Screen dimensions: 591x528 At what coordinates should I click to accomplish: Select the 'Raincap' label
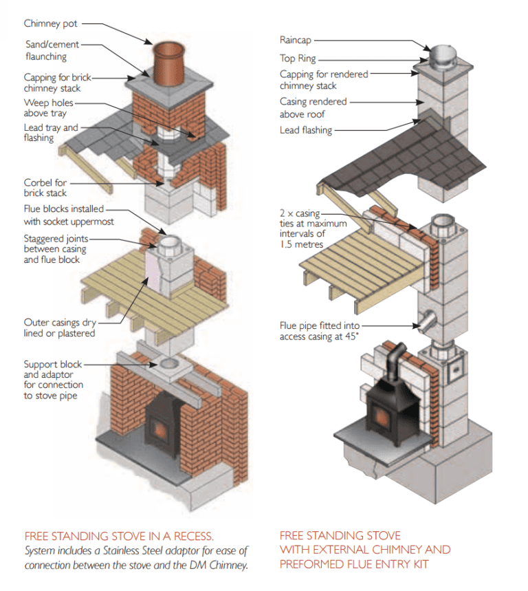(296, 41)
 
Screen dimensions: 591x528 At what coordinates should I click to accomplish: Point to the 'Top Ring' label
(298, 59)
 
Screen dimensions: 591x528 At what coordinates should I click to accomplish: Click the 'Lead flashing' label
(305, 130)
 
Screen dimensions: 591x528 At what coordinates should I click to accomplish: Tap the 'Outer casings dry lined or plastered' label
(59, 327)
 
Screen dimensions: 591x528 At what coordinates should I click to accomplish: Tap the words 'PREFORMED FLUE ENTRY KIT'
(355, 564)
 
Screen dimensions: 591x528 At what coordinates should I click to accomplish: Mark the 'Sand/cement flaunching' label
(52, 51)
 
